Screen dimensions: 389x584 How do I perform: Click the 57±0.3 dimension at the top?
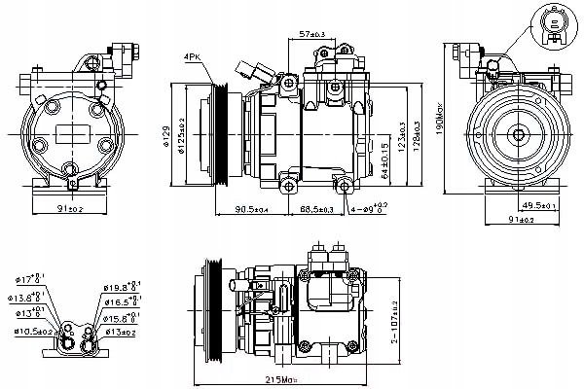[x=314, y=34]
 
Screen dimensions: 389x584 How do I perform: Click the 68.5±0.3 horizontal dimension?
[x=315, y=209]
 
